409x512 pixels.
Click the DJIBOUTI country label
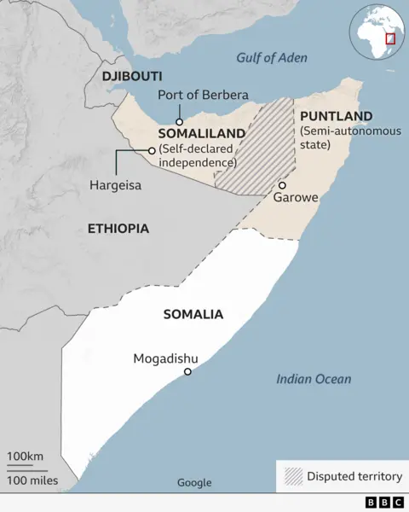pyautogui.click(x=132, y=77)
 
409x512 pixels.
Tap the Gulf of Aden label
pyautogui.click(x=271, y=58)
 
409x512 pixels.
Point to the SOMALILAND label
pyautogui.click(x=201, y=134)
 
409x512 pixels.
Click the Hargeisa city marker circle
pyautogui.click(x=152, y=151)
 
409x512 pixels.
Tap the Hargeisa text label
pyautogui.click(x=115, y=185)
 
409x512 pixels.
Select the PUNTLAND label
pyautogui.click(x=336, y=116)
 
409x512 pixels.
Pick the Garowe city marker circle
pyautogui.click(x=282, y=185)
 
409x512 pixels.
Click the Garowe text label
pyautogui.click(x=296, y=198)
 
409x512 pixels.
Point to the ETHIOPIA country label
pyautogui.click(x=118, y=229)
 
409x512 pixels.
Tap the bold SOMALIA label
pyautogui.click(x=193, y=314)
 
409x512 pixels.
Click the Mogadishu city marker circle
pyautogui.click(x=187, y=371)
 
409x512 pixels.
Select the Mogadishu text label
pyautogui.click(x=166, y=358)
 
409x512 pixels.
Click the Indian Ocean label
pyautogui.click(x=314, y=379)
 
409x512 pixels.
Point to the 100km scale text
pyautogui.click(x=26, y=457)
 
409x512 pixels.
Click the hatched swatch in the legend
pyautogui.click(x=293, y=476)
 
